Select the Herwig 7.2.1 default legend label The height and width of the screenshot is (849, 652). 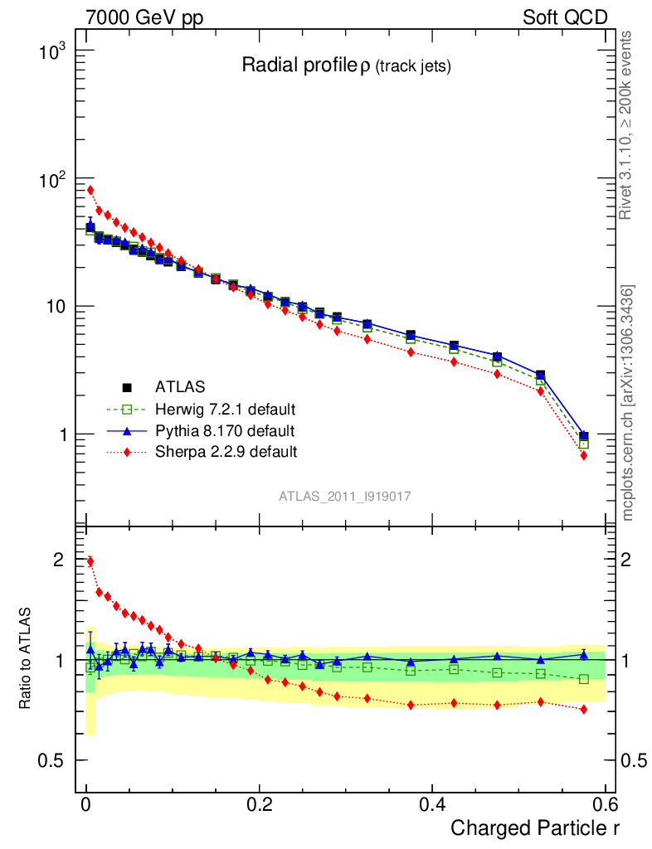(x=226, y=409)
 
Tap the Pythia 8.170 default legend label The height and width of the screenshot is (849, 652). (x=225, y=430)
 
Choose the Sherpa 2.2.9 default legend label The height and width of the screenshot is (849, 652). (x=226, y=452)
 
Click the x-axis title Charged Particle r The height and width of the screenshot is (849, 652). (x=535, y=827)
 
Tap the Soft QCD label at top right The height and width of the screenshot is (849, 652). (x=566, y=17)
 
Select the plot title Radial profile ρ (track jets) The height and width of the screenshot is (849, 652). (x=346, y=66)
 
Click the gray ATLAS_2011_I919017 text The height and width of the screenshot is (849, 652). (x=345, y=496)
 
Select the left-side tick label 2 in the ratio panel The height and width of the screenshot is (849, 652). (x=58, y=560)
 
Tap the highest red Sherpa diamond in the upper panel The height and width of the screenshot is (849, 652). (x=90, y=190)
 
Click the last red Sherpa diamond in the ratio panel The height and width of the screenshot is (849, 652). (x=584, y=709)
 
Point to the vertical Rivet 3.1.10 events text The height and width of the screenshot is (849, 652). (x=627, y=124)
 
